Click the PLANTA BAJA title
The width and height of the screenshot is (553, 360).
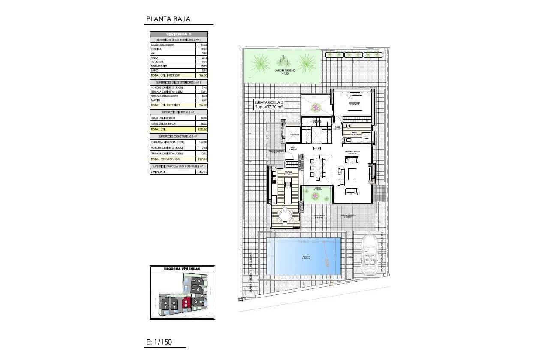point(168,19)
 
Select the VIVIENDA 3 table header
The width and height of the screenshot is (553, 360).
point(178,34)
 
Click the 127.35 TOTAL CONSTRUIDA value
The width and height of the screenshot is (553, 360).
point(202,159)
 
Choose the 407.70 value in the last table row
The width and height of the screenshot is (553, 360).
point(202,172)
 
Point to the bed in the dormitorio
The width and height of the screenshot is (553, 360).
point(354,102)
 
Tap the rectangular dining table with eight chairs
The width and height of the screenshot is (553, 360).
point(318,167)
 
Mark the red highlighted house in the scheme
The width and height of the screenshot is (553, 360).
point(186,303)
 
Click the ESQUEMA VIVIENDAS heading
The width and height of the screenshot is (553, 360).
point(182,269)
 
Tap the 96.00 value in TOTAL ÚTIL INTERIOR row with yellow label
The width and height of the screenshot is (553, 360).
point(202,75)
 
